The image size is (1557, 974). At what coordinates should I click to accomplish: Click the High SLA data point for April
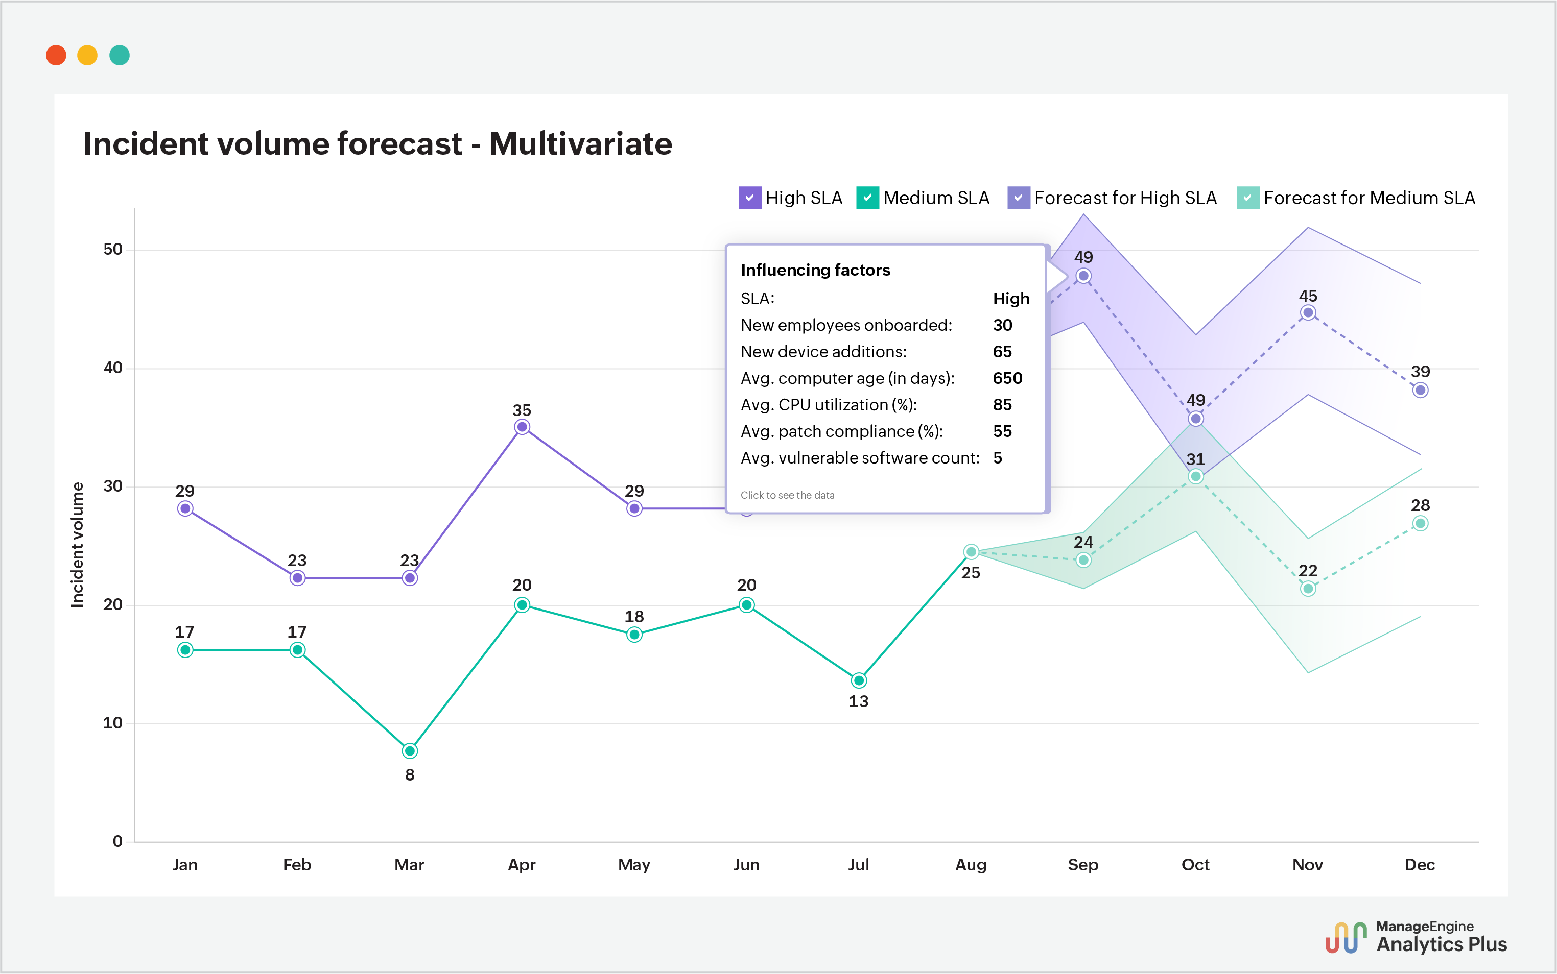[522, 427]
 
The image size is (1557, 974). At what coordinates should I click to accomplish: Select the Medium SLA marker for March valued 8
[410, 751]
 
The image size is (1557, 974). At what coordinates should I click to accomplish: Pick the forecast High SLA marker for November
[1308, 313]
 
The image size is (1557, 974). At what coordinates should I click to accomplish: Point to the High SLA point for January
[185, 509]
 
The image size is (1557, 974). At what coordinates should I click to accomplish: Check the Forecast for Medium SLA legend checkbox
[1247, 198]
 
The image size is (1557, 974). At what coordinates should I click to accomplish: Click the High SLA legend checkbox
[749, 198]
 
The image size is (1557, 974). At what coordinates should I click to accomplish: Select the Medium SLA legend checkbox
[867, 198]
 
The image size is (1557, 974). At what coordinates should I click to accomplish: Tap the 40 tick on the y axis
[113, 368]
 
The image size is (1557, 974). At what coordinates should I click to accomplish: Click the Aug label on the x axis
[971, 864]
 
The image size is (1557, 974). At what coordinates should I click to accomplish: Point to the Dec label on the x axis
[1420, 864]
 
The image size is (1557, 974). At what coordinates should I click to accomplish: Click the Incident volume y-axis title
[77, 544]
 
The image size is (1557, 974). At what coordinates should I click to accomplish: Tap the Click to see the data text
[787, 495]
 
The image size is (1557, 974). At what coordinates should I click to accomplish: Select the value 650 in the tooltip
[1007, 378]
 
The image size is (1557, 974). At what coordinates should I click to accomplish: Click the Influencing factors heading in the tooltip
[815, 270]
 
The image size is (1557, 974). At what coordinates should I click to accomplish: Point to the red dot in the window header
[56, 56]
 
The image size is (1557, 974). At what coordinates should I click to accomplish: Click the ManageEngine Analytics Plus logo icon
[1346, 938]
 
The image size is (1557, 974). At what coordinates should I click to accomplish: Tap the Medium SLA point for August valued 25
[971, 552]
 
